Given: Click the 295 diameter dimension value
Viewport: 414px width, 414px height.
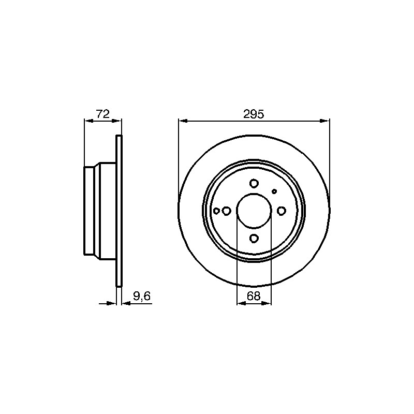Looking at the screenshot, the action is pos(254,114).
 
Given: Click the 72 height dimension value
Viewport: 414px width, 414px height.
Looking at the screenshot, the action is pos(102,114).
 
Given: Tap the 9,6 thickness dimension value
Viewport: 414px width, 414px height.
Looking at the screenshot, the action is pos(142,296).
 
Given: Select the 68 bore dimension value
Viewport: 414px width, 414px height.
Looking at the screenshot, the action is pos(254,296).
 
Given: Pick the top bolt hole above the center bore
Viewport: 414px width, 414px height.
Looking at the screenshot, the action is pos(254,183).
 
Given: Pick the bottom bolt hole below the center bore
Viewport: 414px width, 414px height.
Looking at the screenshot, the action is pos(254,238).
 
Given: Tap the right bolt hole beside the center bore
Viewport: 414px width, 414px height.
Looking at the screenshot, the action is pos(282,211).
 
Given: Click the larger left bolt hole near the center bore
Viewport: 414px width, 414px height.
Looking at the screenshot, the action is pos(227,211).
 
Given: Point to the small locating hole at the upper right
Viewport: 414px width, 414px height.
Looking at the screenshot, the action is pos(274,191).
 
